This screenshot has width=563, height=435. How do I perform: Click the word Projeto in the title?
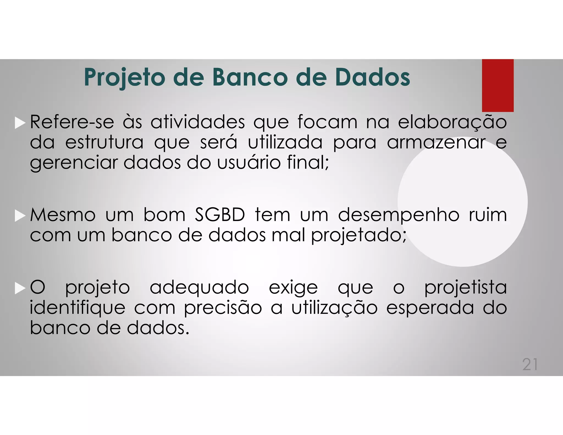click(x=125, y=78)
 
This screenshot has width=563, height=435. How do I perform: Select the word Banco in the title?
click(x=250, y=77)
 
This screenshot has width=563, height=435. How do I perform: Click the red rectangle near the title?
click(x=498, y=85)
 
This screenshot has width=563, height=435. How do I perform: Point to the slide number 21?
click(x=530, y=365)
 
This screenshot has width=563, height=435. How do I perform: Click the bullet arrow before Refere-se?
click(x=20, y=123)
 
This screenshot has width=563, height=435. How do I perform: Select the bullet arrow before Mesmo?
click(x=20, y=216)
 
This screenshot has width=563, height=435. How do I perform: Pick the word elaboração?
click(x=452, y=122)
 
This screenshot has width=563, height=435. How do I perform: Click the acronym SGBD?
click(x=220, y=215)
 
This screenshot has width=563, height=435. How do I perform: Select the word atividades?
click(x=197, y=122)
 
